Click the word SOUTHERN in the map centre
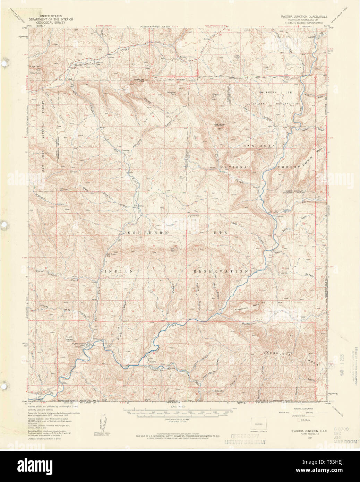coord(148,233)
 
